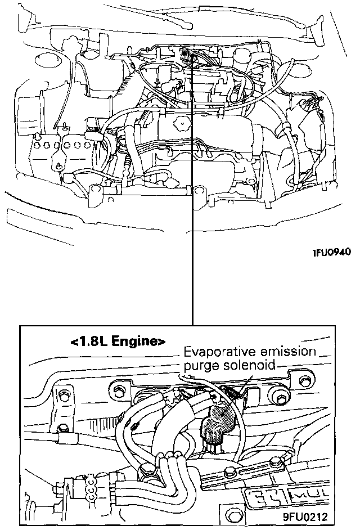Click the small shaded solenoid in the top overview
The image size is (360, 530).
tap(185, 54)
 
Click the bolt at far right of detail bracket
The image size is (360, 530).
tap(280, 399)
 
